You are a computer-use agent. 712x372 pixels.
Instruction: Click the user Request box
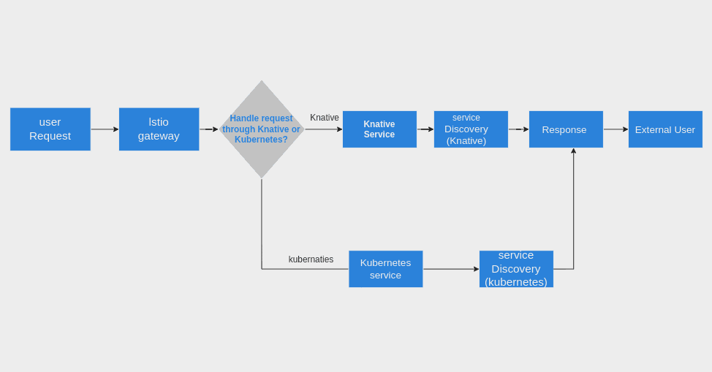tap(50, 129)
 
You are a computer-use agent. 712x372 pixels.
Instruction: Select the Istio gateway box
tap(159, 129)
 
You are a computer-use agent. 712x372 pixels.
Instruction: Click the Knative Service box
tap(379, 129)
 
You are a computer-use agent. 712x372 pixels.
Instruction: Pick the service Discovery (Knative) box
tap(471, 129)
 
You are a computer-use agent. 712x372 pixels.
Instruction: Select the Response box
tap(566, 129)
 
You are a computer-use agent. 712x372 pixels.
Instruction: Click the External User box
tap(665, 129)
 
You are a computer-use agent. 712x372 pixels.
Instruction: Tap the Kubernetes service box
tap(385, 269)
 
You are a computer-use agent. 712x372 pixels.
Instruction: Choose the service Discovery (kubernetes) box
tap(516, 269)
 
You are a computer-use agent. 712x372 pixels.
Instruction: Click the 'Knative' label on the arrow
tap(325, 118)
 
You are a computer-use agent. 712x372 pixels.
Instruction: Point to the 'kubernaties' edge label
tap(311, 259)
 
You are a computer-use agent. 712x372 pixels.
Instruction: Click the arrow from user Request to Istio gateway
tap(105, 129)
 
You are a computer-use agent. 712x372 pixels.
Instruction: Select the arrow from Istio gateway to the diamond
tap(209, 129)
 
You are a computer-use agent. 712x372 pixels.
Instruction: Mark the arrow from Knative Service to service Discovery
tap(425, 129)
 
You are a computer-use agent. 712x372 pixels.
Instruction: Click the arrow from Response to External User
tap(616, 129)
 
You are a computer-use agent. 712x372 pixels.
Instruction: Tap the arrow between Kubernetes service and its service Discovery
tap(450, 269)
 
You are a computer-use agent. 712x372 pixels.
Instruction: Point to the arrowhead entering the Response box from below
tap(574, 151)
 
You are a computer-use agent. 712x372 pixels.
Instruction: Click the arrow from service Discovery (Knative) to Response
tap(518, 129)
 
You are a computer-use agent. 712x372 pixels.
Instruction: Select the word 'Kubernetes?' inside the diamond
tap(261, 140)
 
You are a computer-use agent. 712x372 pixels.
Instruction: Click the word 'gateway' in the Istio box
tap(159, 136)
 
